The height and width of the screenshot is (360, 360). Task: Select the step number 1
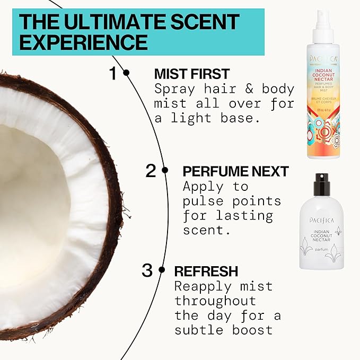(x=113, y=74)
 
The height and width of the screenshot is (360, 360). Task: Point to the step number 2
(x=152, y=171)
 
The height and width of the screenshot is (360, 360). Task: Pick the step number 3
(x=147, y=270)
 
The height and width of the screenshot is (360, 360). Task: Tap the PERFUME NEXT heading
(x=236, y=171)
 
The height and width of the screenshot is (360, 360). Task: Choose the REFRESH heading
(x=206, y=271)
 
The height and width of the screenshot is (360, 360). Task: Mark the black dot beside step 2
(x=165, y=170)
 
